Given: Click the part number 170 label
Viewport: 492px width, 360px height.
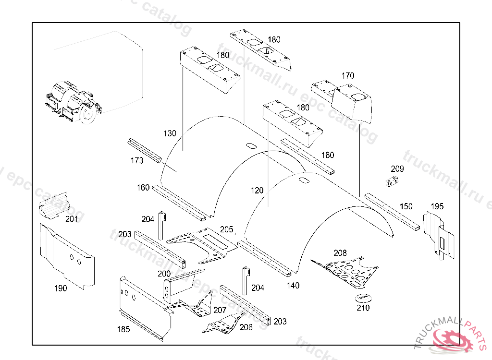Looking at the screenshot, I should point(348,76).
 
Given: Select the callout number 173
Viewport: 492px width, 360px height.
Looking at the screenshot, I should point(137,161).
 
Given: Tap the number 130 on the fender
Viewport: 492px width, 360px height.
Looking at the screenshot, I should point(170,133).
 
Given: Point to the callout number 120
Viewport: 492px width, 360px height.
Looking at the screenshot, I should point(257,191).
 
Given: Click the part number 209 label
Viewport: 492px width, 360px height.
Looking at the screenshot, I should point(397,169).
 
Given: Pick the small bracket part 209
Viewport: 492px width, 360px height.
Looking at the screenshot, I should point(393,181).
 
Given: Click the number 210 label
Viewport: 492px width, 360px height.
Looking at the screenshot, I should point(363,308).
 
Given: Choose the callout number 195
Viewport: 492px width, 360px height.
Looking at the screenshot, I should point(437,206).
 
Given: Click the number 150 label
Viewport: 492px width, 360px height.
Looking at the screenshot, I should point(406,206).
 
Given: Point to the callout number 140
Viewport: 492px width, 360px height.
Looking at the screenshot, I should point(293,286).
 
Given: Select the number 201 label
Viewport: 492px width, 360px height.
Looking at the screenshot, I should point(72,219).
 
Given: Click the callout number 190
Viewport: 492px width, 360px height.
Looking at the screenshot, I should point(61,288).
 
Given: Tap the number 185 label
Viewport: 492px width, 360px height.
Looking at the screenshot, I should point(124,329).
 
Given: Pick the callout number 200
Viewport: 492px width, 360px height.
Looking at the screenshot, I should point(164,274).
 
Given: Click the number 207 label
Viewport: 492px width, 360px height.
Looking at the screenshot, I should point(220,310).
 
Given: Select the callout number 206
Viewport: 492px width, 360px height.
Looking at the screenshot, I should point(246,327).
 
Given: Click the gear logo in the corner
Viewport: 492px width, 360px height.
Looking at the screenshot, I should point(452,339).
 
